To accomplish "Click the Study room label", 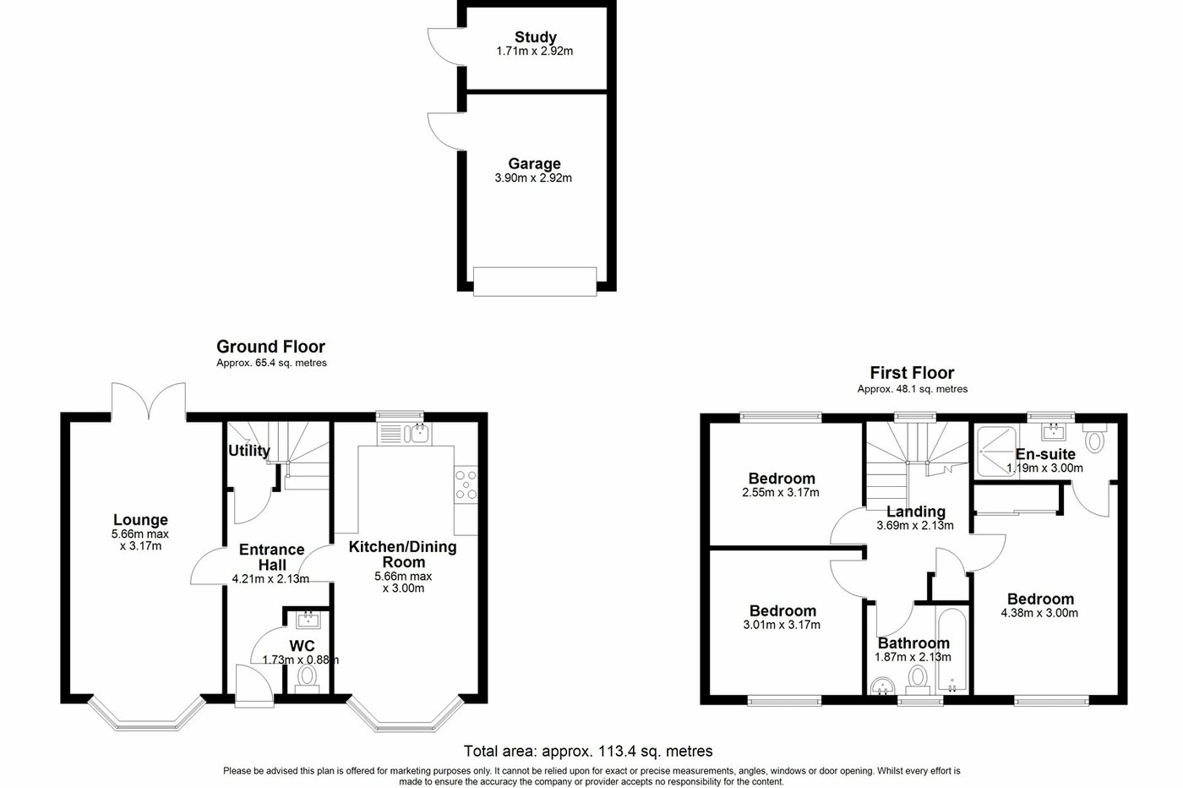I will tap(536, 37).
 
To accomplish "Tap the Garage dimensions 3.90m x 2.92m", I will tap(534, 178).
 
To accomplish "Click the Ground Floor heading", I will tap(270, 347).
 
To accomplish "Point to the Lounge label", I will tap(140, 520).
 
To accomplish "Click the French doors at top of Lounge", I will tap(149, 401).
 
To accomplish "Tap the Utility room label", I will tap(248, 451).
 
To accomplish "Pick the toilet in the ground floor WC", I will tap(307, 677).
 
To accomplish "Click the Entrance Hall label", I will tap(271, 557).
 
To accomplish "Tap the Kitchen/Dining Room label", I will tap(403, 555).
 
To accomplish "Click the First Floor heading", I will tap(912, 373).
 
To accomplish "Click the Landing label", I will tap(915, 512).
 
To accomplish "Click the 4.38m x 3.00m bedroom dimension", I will tap(1041, 614).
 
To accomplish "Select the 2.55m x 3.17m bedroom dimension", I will tap(781, 493).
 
